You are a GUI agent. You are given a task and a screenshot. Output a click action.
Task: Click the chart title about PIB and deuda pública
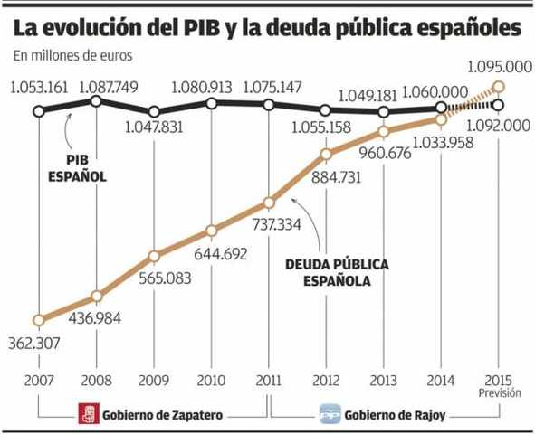[x=267, y=27]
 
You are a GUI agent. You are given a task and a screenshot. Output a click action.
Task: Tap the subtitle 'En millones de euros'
[x=72, y=55]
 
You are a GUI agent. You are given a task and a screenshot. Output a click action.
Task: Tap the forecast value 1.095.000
[x=497, y=67]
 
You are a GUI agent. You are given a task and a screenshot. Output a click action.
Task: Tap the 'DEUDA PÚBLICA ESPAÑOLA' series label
[x=336, y=272]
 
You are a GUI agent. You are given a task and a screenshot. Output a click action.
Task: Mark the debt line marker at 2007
[x=39, y=320]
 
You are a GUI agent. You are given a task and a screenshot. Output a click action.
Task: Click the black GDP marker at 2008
[x=97, y=101]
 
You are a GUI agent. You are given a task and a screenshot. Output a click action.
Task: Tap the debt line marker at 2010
[x=211, y=230]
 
